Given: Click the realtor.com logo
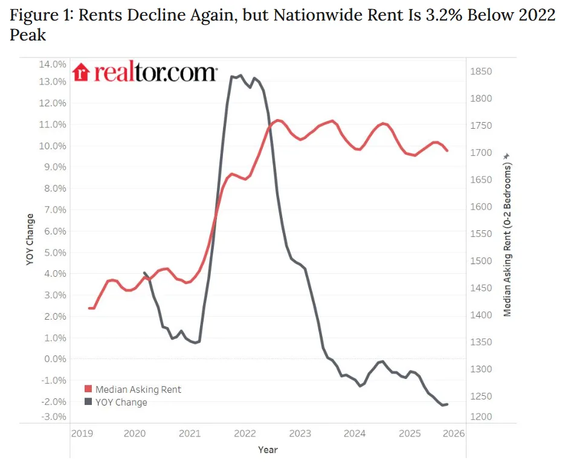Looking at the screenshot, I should [144, 73].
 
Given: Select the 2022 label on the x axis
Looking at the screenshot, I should [245, 433].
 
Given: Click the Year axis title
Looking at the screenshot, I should [268, 450].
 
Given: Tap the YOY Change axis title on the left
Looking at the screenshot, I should [31, 239].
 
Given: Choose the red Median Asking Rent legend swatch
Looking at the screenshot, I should [88, 390].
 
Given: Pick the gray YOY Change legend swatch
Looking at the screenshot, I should [88, 403].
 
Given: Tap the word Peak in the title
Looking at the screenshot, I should [28, 35].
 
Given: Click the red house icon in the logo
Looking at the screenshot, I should [81, 73].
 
